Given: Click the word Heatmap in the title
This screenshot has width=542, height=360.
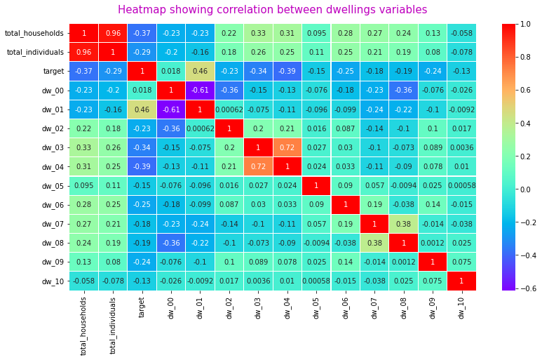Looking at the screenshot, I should point(142,10).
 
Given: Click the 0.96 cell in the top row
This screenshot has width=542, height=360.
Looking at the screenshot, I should point(113,33).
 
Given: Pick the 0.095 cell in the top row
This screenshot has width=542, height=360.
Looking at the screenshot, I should point(316,33).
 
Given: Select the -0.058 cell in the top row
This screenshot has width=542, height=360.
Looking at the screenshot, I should point(461,33).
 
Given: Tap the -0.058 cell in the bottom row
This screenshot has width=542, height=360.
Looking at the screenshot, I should point(83,281).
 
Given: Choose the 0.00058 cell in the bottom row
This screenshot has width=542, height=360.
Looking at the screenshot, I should point(316,281).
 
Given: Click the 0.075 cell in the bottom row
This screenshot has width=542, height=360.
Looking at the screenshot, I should point(433,281).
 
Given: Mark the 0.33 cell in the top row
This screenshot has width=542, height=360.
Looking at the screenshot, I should point(258,33).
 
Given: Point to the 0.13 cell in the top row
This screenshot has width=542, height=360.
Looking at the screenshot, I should point(433,33).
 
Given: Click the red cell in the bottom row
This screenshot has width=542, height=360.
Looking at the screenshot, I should point(461,281).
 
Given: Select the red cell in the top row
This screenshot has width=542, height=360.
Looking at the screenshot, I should point(83,33).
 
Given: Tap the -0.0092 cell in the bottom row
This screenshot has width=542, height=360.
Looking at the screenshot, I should point(200,281).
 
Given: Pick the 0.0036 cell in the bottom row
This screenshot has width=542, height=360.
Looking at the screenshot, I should point(258,281).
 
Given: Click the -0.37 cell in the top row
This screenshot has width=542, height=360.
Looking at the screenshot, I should point(142,33).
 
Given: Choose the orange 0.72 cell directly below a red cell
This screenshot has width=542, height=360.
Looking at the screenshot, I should point(258,166).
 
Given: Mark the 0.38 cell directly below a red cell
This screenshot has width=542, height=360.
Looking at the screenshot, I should point(374,243).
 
